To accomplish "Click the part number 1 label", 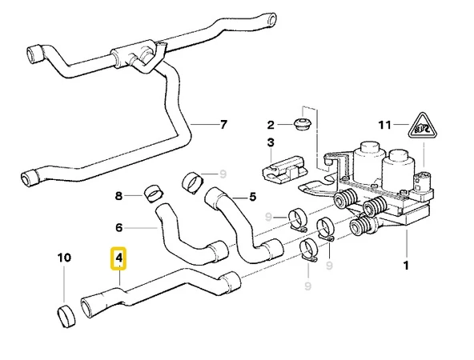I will point(406,264).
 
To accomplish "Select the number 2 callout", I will point(271,124).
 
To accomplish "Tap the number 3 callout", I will point(271,143).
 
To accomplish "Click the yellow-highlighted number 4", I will point(118,259).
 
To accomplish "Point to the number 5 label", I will point(252,196).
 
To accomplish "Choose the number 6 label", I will point(118,226).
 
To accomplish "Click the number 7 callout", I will point(223,125).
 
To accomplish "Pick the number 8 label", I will point(118,195).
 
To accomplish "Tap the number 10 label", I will point(64,258).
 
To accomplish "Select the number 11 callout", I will point(384,125).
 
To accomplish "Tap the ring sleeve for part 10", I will point(65,315).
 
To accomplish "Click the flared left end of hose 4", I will point(90,307).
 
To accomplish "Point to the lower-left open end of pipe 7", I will point(29,178).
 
